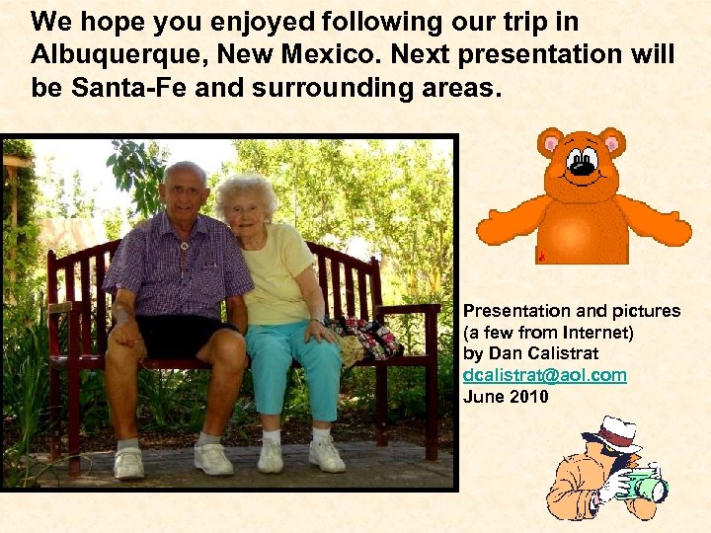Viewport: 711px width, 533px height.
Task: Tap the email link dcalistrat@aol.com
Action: [x=545, y=376]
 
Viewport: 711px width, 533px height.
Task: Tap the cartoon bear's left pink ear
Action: [x=550, y=144]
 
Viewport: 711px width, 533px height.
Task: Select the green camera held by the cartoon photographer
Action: [x=646, y=486]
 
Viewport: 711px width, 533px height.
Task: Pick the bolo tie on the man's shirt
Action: [x=184, y=245]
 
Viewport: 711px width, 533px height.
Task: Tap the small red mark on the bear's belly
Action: [x=542, y=256]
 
